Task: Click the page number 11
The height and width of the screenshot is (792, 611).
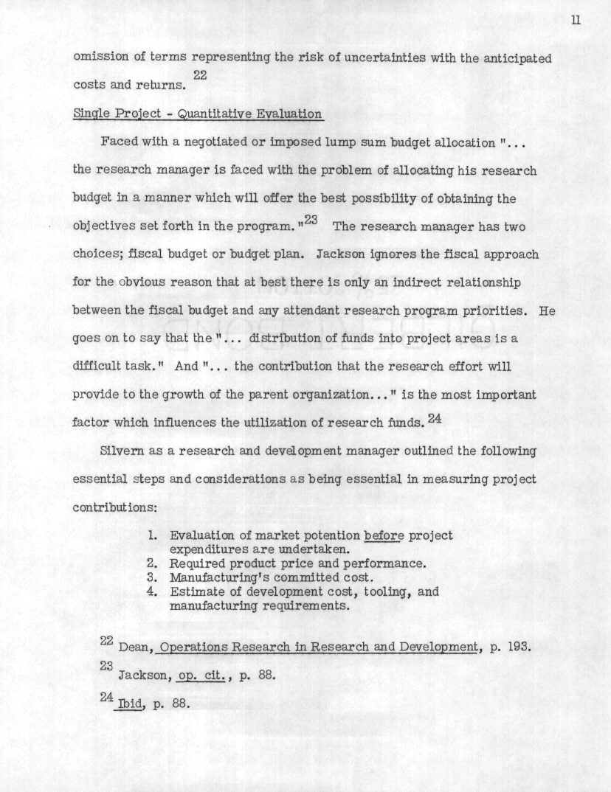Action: [576, 20]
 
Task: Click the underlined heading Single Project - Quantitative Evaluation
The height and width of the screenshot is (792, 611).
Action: [198, 114]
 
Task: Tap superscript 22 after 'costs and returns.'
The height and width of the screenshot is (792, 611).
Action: [199, 74]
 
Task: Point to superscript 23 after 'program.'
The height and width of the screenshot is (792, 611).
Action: [309, 219]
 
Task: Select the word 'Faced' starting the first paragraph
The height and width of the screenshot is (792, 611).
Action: [118, 142]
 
